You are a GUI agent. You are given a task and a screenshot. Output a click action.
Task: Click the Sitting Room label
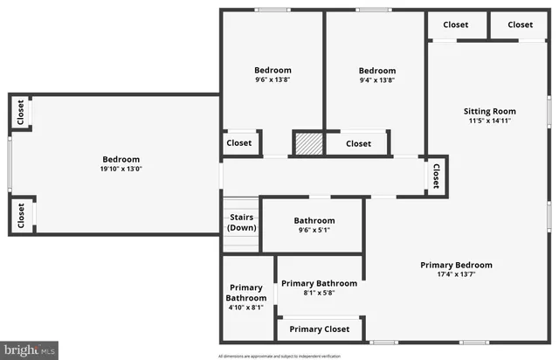[x=489, y=111]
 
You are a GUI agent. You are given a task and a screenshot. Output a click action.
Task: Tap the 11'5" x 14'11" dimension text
[x=489, y=122]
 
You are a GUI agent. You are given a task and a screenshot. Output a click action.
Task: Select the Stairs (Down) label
[x=242, y=222]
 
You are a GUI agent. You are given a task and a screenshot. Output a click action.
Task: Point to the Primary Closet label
[x=320, y=329]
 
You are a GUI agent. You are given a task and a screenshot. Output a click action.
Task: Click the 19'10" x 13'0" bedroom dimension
[x=121, y=170]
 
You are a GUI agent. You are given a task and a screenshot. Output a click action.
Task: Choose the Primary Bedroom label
[x=456, y=265]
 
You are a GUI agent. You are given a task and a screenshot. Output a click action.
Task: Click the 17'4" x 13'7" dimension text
[x=456, y=275]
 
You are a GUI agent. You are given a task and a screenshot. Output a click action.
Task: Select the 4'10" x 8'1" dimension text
[x=247, y=308]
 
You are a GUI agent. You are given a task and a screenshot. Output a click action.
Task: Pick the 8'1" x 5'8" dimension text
[x=318, y=294]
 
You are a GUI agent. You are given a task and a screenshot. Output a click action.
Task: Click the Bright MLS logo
[x=29, y=350]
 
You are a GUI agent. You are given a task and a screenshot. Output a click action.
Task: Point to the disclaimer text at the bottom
[x=280, y=356]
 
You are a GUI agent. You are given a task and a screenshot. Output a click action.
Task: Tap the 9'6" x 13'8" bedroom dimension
[x=273, y=80]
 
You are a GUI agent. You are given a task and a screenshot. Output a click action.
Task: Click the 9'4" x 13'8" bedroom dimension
[x=377, y=81]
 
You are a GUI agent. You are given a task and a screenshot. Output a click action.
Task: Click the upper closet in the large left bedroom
[x=20, y=114]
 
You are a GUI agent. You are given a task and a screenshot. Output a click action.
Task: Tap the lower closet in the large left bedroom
[x=20, y=215]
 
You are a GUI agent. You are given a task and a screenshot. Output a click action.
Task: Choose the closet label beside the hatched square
[x=358, y=143]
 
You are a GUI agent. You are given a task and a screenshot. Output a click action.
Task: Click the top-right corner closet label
[x=520, y=24]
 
